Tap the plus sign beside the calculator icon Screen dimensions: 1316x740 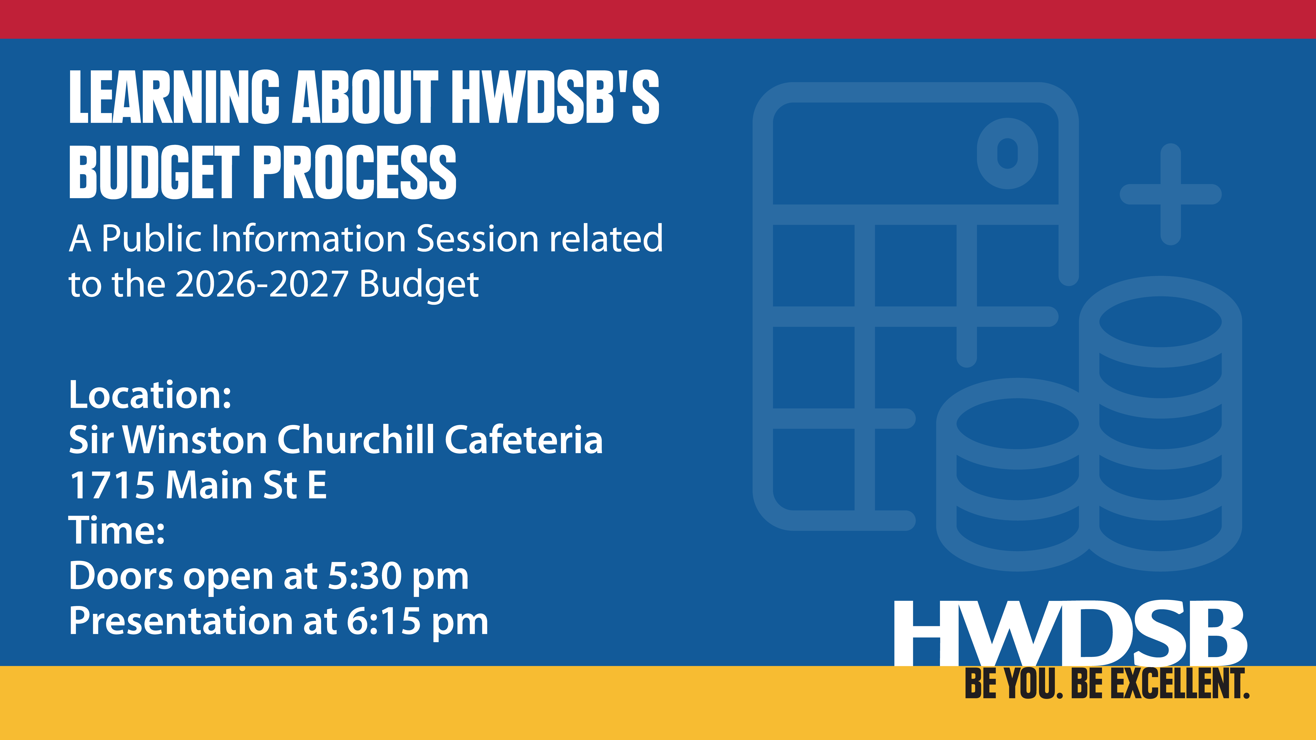coord(1170,194)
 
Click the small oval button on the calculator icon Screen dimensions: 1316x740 coord(1007,153)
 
